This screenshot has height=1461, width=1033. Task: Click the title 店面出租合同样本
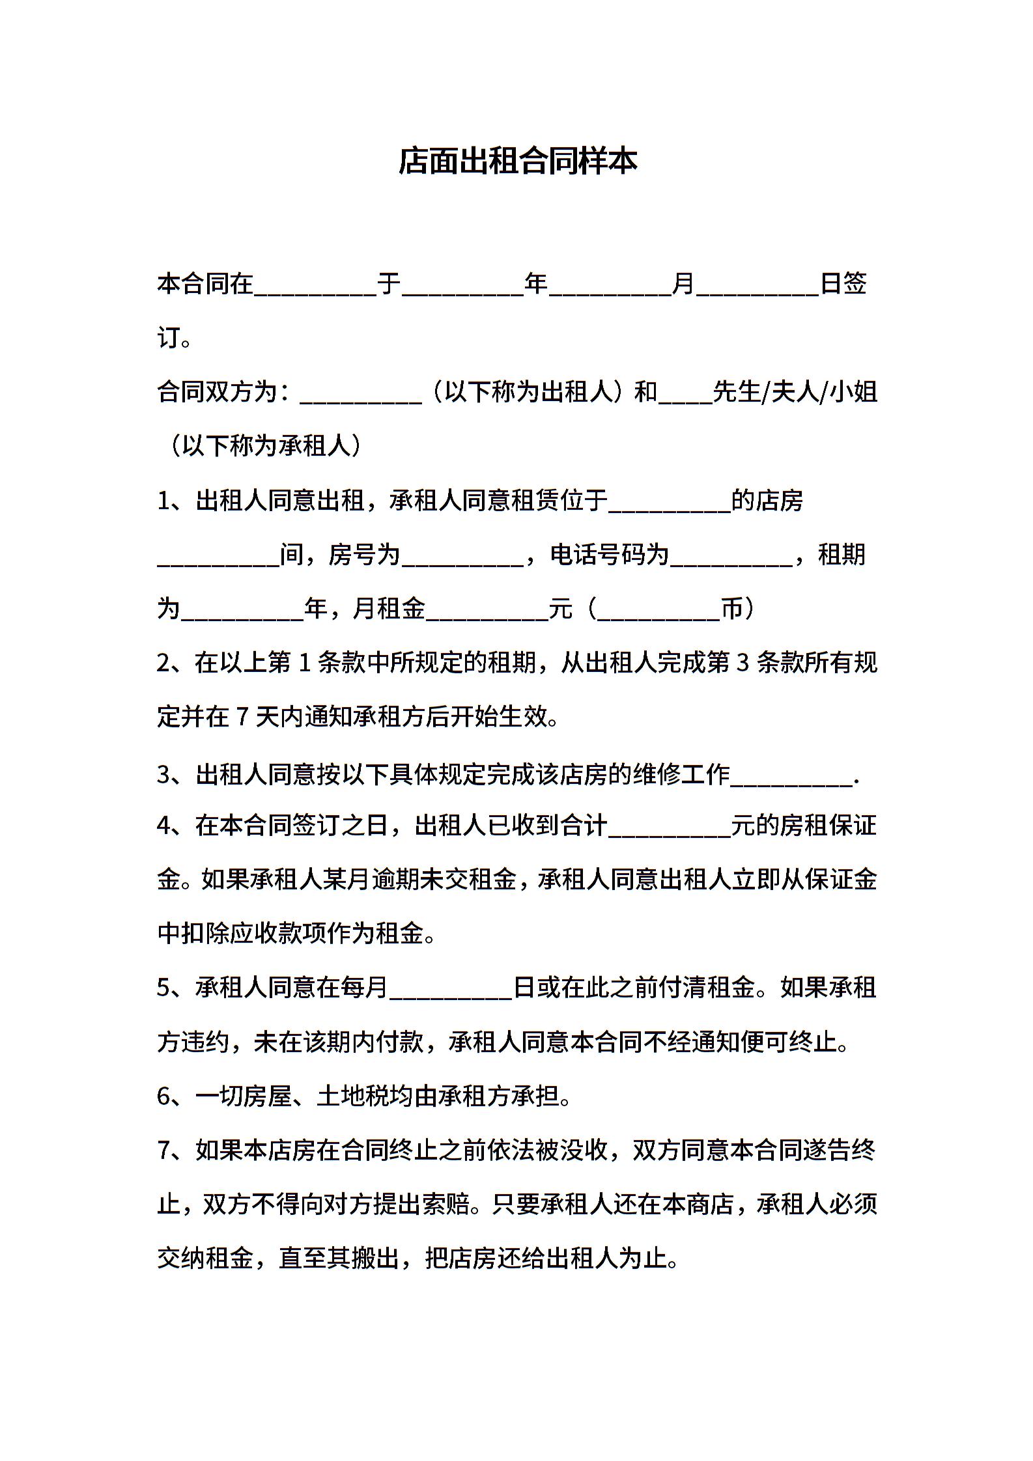click(x=517, y=161)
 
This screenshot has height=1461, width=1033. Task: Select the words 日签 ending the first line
click(x=843, y=284)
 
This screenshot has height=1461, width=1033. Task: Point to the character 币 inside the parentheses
click(x=733, y=609)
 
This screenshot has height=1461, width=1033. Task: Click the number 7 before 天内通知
click(x=242, y=717)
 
